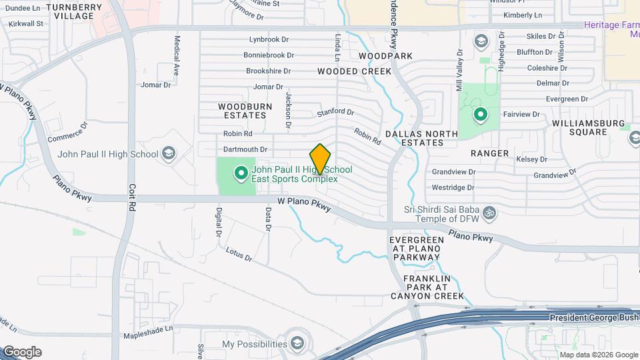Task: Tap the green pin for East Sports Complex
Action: coord(241,174)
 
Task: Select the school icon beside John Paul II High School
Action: coord(169,154)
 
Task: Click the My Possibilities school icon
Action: coord(297,344)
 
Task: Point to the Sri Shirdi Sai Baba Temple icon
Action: coord(490,213)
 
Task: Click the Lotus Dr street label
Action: coord(239,253)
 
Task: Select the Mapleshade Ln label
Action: coord(149,328)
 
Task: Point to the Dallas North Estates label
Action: coord(421,138)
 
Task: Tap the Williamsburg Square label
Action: coord(589,127)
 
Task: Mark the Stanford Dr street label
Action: coord(335,112)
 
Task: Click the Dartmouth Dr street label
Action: coord(245,150)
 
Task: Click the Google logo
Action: coord(22,352)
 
